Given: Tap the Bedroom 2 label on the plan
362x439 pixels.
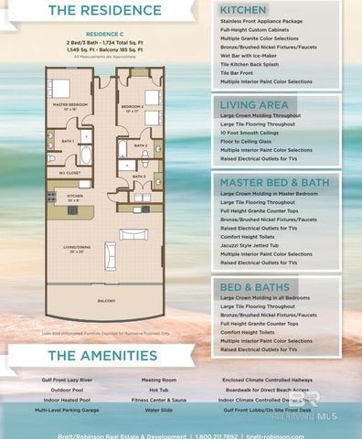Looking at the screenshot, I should point(132,107).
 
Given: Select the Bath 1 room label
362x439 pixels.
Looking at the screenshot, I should point(68,142).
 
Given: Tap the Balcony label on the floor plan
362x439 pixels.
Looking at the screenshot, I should point(107,300).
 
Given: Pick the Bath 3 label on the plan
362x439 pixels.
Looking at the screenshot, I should point(138,176).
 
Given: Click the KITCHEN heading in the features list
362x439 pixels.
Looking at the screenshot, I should point(244,9).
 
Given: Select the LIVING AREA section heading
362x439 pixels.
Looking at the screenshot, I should point(253,105).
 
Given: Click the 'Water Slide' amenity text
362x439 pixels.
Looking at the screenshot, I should point(158,409).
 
